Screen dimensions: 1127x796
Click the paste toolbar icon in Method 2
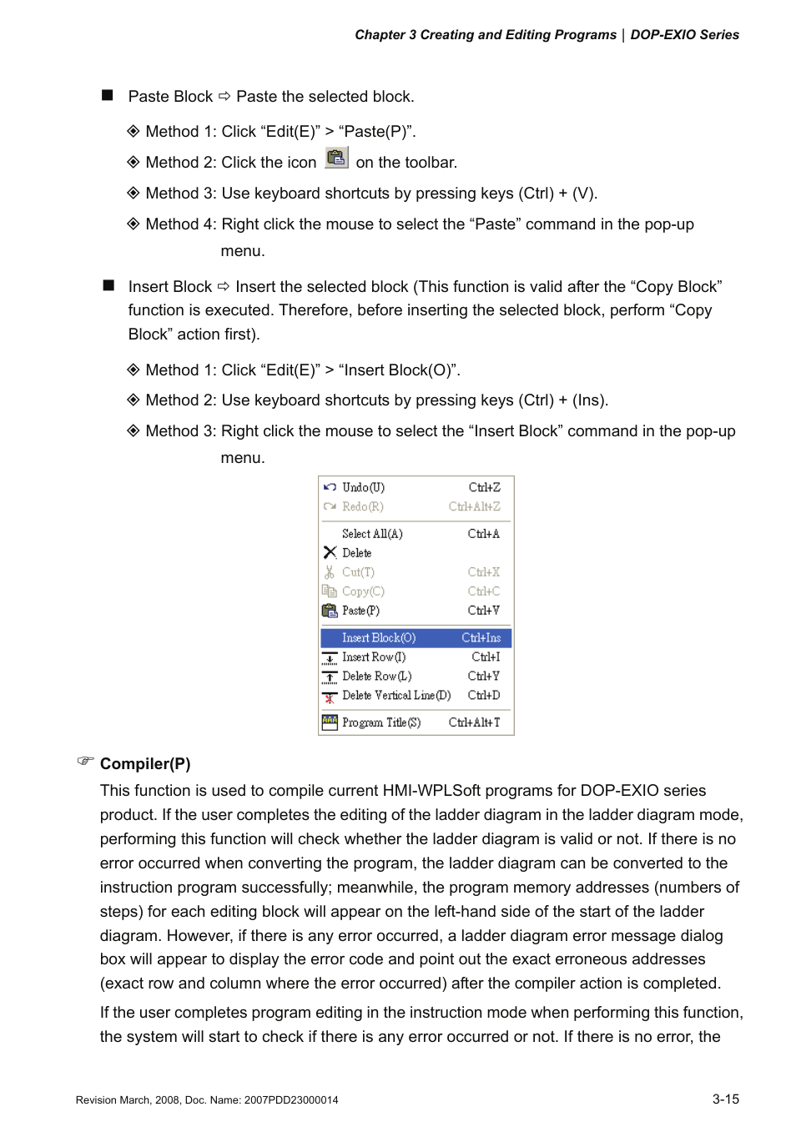(336, 158)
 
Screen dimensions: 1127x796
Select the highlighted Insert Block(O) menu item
(379, 638)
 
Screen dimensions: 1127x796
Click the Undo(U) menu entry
(363, 487)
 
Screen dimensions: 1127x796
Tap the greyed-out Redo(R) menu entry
(362, 506)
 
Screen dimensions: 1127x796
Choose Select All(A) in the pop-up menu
(372, 534)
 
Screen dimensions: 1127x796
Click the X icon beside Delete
(330, 552)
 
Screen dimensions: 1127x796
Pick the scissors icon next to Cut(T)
(330, 572)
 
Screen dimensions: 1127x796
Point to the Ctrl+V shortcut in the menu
(484, 611)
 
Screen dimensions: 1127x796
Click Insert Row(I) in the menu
(374, 657)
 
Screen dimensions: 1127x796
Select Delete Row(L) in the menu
(376, 677)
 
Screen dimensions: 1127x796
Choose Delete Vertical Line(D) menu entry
(396, 696)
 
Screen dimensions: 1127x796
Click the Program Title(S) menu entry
(381, 722)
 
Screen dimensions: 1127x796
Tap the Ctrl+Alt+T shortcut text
(474, 722)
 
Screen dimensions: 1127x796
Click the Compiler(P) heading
(145, 764)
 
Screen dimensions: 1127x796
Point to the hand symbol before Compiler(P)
(86, 761)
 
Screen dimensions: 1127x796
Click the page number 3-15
(725, 1099)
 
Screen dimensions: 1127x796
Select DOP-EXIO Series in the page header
(684, 35)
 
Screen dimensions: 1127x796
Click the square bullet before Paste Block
(108, 95)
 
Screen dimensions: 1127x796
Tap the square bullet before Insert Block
(108, 285)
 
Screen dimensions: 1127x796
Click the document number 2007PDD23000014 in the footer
(291, 1100)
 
